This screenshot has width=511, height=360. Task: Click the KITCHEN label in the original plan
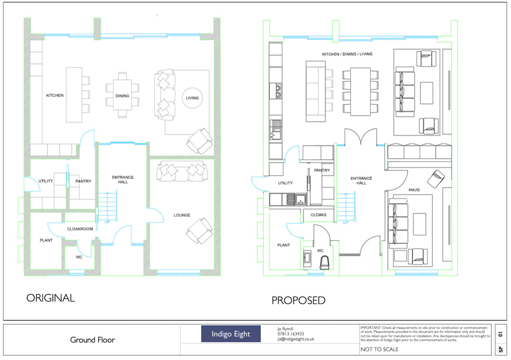coord(55,96)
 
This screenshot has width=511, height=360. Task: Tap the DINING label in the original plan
coord(122,96)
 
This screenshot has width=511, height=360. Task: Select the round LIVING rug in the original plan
coord(193,98)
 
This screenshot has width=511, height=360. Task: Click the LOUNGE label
coord(182,215)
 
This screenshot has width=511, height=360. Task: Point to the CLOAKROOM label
coord(80,229)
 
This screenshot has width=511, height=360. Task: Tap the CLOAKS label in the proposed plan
coord(319,215)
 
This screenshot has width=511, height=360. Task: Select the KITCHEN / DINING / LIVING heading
coord(347,54)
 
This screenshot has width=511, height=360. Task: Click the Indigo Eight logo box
coord(231,334)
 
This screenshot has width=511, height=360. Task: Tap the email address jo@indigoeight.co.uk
coord(296,339)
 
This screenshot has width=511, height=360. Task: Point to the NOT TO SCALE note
coord(379,350)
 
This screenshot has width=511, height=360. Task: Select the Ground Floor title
coord(92,340)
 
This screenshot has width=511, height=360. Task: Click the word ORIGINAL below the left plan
coord(50,298)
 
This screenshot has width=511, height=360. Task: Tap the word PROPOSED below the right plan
coord(298,300)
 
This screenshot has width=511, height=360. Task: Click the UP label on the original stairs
coord(107,222)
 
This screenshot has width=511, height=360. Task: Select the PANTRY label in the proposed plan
coord(322,170)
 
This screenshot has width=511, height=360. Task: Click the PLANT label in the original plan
coord(46,240)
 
